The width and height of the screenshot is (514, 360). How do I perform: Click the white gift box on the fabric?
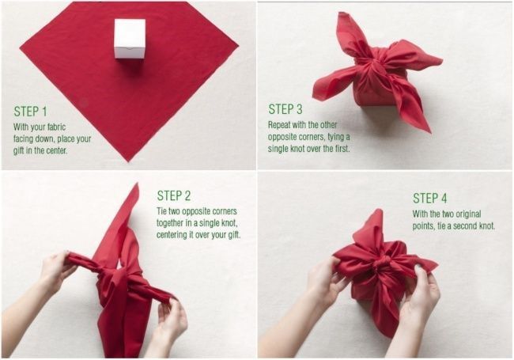tap(130, 39)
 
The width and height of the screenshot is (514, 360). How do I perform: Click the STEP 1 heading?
tap(30, 112)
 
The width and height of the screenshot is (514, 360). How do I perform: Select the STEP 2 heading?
tap(174, 195)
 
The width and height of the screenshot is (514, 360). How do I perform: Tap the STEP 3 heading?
tap(285, 109)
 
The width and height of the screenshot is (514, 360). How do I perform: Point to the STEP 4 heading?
tap(429, 198)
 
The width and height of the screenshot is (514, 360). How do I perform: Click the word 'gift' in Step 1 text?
tap(19, 150)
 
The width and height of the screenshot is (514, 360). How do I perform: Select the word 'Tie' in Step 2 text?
tap(161, 210)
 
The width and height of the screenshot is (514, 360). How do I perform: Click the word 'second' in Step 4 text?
tap(465, 226)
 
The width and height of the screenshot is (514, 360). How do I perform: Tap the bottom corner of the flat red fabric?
tap(129, 161)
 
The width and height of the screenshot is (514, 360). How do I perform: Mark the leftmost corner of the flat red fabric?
tap(21, 49)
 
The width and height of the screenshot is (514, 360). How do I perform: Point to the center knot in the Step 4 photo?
tap(382, 263)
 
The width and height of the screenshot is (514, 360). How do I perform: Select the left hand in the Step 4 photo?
tap(324, 282)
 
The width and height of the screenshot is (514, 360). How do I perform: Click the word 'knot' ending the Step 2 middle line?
tap(228, 223)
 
